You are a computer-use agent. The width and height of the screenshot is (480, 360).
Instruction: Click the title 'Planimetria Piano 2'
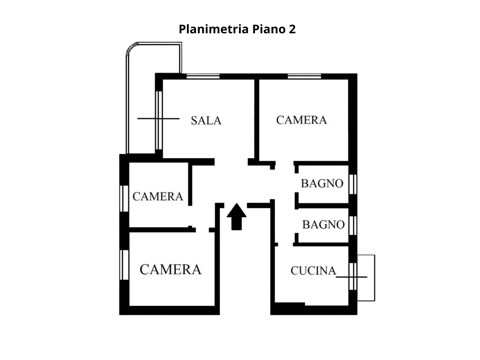[x=237, y=29]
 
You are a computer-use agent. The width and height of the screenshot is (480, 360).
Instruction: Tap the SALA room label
[x=206, y=120]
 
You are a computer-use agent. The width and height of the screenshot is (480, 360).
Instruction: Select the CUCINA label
[x=313, y=271]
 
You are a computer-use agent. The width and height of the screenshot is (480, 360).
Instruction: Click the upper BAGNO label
[x=322, y=183]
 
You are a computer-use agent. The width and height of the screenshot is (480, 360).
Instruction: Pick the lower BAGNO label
[x=323, y=224]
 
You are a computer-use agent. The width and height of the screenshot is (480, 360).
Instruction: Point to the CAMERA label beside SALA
[x=301, y=120]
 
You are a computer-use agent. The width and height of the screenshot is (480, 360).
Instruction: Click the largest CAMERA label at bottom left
[x=170, y=269]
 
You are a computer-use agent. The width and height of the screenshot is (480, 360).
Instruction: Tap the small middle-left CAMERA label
[x=158, y=196]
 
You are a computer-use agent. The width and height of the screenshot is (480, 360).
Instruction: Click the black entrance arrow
[x=236, y=217]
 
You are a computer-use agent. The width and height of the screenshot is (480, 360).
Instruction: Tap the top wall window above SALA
[x=203, y=76]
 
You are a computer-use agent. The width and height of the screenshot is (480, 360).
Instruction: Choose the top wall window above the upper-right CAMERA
[x=304, y=76]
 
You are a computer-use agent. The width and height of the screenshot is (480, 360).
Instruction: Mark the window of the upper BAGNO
[x=353, y=184]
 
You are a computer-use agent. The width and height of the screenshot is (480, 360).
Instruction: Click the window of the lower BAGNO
[x=353, y=225]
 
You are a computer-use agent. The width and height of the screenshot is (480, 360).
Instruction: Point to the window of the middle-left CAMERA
[x=124, y=199]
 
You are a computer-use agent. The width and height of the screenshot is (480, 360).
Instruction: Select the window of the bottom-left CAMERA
[x=124, y=265]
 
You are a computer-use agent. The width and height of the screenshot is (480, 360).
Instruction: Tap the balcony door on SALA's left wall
[x=159, y=120]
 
